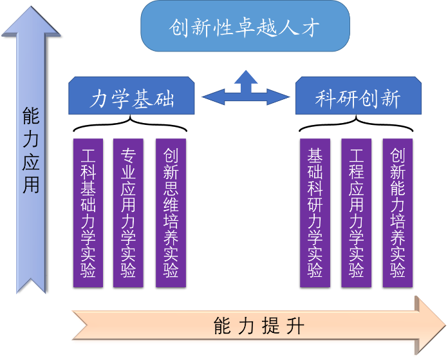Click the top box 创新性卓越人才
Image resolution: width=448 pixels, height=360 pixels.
coord(245,27)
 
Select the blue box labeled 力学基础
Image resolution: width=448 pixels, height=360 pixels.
coord(131,98)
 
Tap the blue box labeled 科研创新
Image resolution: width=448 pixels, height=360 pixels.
coord(358,98)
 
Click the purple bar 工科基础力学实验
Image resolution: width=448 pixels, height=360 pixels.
coord(88,213)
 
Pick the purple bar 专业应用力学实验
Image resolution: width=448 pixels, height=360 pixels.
coord(128,213)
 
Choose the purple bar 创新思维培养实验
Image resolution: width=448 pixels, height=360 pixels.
coord(171,213)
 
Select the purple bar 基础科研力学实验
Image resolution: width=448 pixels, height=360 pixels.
coord(315,213)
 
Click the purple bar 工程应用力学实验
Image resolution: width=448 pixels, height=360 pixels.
coord(356,213)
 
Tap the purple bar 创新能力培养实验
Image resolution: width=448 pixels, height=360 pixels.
coord(397,213)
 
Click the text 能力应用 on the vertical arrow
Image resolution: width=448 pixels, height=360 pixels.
coord(31,151)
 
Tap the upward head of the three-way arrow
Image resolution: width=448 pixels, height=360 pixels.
coord(245,75)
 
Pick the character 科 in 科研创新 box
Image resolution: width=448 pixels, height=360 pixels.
coord(325,99)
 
